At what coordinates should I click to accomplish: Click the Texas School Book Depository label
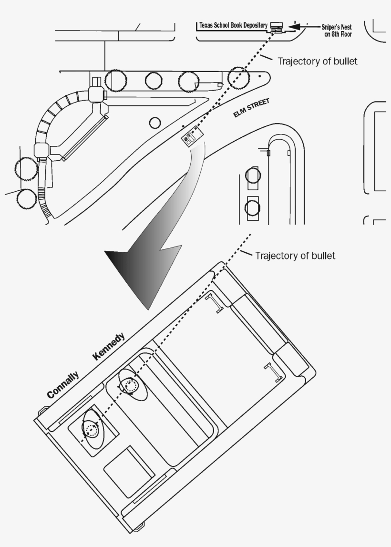pyautogui.click(x=233, y=25)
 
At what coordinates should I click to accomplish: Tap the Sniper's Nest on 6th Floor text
pyautogui.click(x=336, y=31)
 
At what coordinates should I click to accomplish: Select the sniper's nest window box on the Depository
pyautogui.click(x=276, y=26)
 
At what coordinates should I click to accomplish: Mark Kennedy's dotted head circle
pyautogui.click(x=129, y=385)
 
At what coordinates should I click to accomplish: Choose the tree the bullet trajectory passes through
pyautogui.click(x=238, y=77)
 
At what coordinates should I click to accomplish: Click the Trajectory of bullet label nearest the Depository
pyautogui.click(x=317, y=62)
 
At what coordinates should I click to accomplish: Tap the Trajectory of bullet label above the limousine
pyautogui.click(x=295, y=256)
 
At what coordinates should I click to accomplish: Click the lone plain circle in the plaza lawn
pyautogui.click(x=155, y=123)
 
